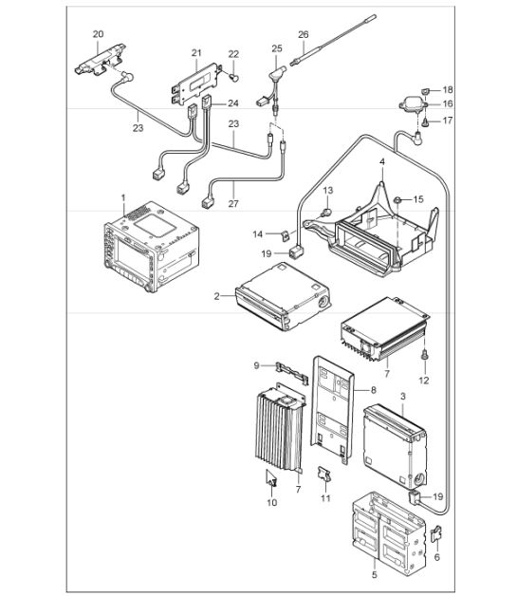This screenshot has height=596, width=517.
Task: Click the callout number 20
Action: [x=98, y=34]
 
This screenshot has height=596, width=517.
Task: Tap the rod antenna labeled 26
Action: [x=333, y=40]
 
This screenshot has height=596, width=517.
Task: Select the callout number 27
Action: [x=233, y=204]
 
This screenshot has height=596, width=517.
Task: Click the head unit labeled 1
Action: [x=151, y=247]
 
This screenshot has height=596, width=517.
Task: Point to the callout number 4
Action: [x=382, y=162]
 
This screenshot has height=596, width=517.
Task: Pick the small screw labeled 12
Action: [x=425, y=355]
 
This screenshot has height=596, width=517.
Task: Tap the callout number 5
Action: [x=374, y=575]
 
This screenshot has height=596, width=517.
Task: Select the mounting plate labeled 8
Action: [x=332, y=410]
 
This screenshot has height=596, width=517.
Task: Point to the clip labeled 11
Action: [x=324, y=475]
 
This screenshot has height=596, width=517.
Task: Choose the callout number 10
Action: [x=271, y=502]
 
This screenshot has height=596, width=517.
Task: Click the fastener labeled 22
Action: [x=234, y=79]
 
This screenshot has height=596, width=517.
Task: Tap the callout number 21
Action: [x=196, y=53]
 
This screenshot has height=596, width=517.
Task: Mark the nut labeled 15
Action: [x=397, y=199]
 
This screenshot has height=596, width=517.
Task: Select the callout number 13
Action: [x=328, y=190]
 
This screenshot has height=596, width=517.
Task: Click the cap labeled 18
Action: [x=425, y=90]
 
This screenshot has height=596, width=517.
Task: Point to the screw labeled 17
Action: [x=425, y=122]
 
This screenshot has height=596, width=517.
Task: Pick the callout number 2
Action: [x=216, y=296]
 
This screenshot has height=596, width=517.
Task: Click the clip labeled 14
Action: [x=286, y=235]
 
